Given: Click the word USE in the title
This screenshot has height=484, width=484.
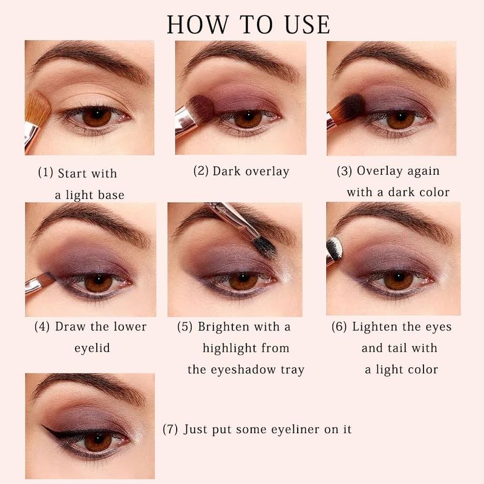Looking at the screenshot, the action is (x=307, y=25).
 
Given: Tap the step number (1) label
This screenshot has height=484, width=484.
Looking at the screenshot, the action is (x=46, y=172).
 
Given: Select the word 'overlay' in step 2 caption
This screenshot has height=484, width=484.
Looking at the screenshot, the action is (x=267, y=172).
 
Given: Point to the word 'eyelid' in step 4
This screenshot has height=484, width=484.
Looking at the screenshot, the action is (x=92, y=348).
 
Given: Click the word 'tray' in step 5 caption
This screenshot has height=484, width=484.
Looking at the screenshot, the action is (x=293, y=370).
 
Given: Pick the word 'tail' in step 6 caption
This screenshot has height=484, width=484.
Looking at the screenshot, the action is (x=397, y=348).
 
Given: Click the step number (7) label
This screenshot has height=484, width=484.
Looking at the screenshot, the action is (x=170, y=429).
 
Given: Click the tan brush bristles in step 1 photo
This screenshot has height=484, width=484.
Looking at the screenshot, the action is (x=37, y=108).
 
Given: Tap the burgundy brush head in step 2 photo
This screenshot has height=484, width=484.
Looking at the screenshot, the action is (x=201, y=109).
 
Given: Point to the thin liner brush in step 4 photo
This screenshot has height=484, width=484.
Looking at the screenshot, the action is (x=40, y=283).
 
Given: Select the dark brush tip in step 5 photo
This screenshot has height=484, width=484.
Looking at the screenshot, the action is (x=264, y=247).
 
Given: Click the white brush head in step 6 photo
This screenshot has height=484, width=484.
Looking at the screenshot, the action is (x=335, y=249).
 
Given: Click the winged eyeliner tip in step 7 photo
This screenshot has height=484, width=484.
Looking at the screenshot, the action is (x=43, y=427).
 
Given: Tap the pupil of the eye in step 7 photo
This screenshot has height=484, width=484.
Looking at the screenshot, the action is (x=98, y=437).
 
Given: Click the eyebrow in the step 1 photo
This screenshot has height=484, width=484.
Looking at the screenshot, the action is (x=90, y=60).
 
